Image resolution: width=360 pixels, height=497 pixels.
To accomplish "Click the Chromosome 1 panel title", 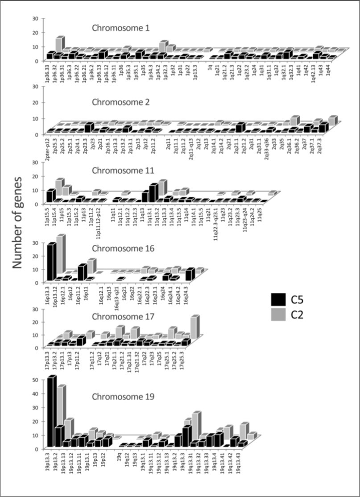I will coord(121,28).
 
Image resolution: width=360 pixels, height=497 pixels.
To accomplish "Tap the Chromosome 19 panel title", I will coord(121,396).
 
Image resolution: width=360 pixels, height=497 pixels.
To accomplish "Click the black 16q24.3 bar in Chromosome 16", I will coord(190,275).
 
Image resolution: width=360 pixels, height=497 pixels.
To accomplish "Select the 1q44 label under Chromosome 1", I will coord(329,69).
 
